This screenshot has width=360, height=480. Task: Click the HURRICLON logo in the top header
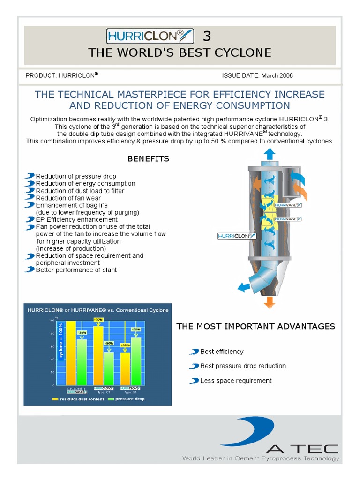[150, 36]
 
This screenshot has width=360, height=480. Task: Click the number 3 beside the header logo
[207, 36]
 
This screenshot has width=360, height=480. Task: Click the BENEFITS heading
[148, 159]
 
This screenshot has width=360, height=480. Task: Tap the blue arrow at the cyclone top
[270, 154]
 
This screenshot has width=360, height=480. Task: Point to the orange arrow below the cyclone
[269, 302]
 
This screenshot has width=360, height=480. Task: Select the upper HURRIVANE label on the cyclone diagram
[288, 205]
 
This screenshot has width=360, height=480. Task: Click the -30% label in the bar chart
[82, 332]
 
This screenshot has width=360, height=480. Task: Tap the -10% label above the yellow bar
[98, 320]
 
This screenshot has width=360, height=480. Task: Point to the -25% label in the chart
[136, 329]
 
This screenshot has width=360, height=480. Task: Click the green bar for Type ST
[136, 361]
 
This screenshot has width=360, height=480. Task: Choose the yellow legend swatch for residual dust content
[55, 399]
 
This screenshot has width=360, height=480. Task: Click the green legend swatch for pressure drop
[111, 399]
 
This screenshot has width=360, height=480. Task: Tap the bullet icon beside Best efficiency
[194, 352]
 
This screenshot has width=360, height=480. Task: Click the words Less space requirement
[236, 381]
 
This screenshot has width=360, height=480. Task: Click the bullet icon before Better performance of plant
[30, 270]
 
